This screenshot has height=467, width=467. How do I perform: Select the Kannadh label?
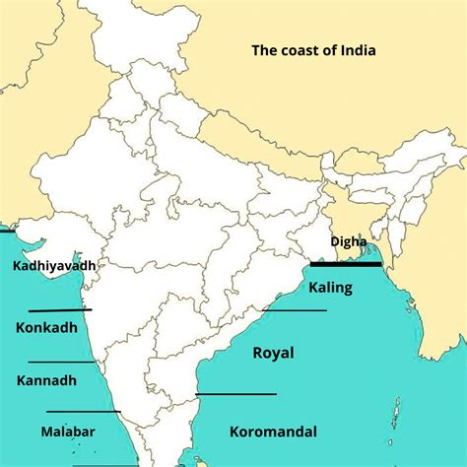pyautogui.click(x=46, y=379)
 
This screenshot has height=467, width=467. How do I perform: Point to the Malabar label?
pyautogui.click(x=68, y=431)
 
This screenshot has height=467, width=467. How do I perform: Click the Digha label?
pyautogui.click(x=349, y=241)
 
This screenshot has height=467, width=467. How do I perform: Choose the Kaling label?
pyautogui.click(x=329, y=288)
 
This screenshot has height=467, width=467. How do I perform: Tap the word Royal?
pyautogui.click(x=274, y=352)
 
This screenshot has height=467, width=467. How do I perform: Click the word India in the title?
pyautogui.click(x=355, y=49)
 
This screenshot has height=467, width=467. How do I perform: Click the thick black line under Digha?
pyautogui.click(x=346, y=263)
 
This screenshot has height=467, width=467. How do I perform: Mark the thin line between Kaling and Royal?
pyautogui.click(x=296, y=311)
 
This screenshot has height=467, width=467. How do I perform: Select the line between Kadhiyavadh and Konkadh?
pyautogui.click(x=60, y=310)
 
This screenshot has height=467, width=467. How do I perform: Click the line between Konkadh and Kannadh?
pyautogui.click(x=61, y=362)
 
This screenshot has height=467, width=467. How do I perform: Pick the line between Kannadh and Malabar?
pyautogui.click(x=83, y=411)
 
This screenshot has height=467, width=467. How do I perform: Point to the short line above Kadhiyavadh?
pyautogui.click(x=7, y=233)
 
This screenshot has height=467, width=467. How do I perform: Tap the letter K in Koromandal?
pyautogui.click(x=234, y=431)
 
